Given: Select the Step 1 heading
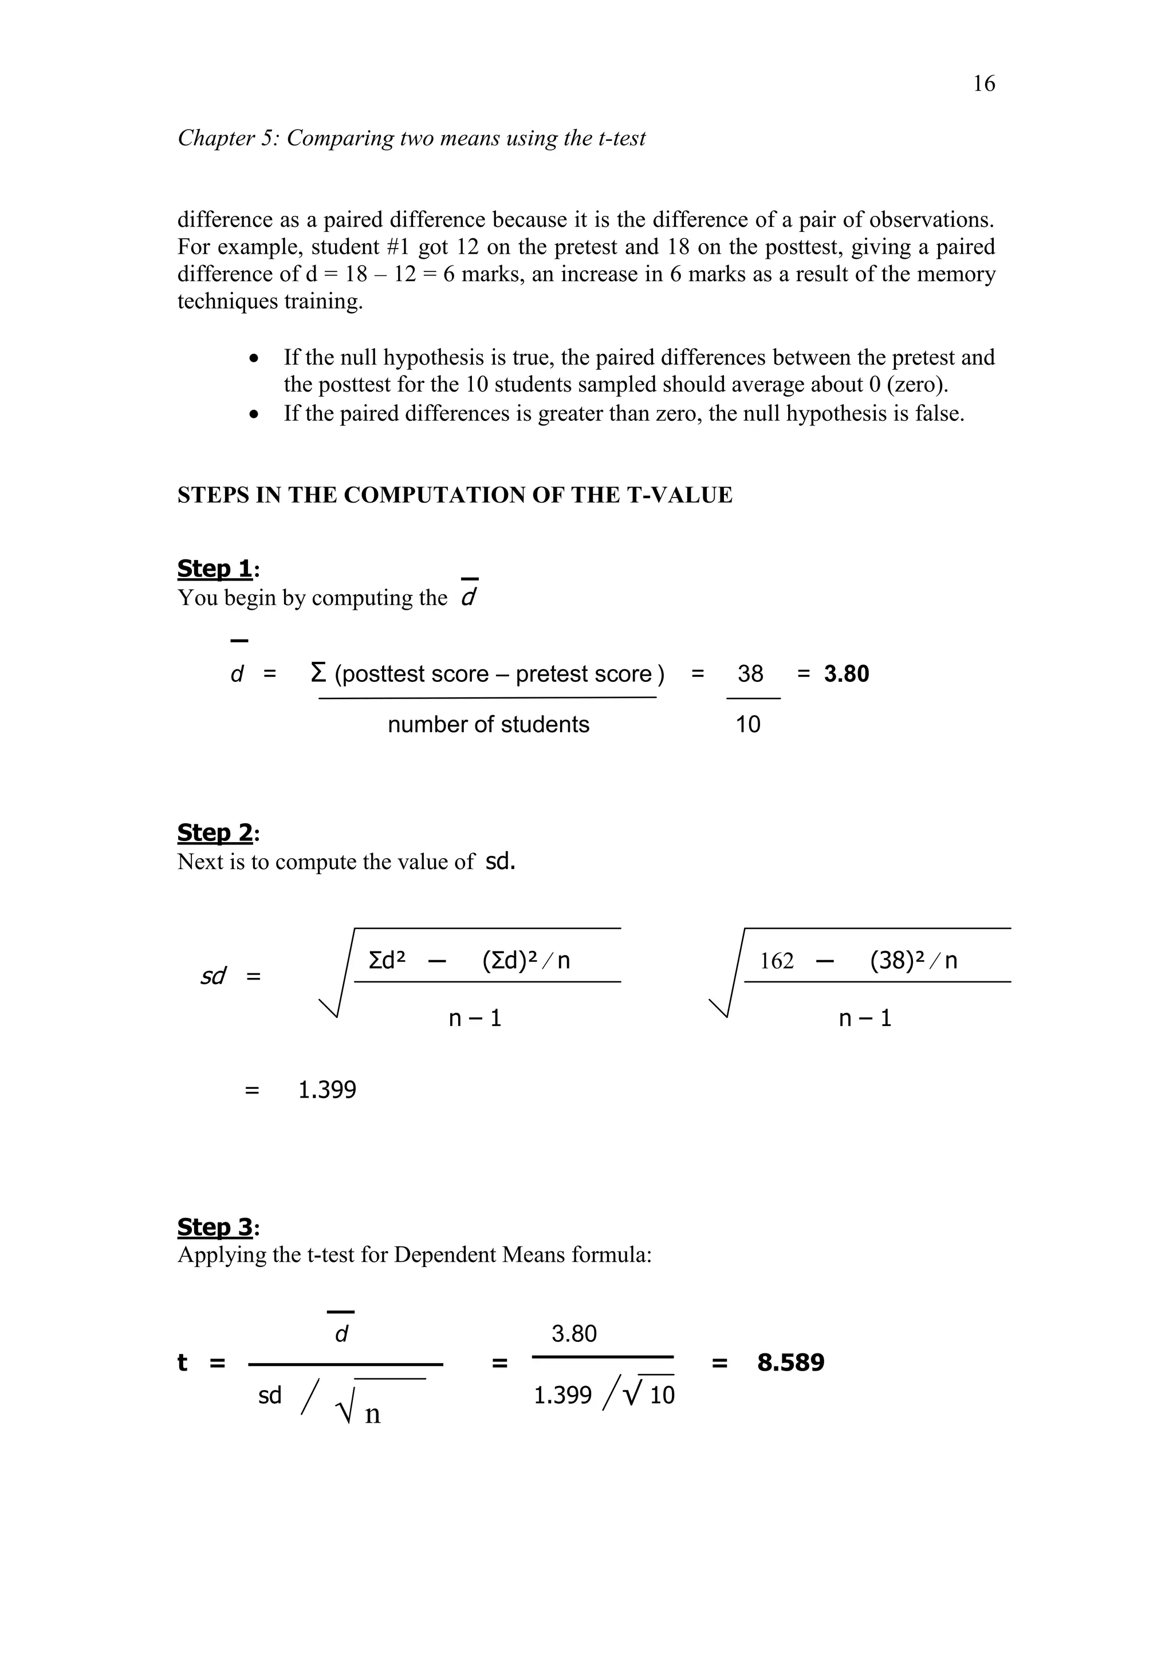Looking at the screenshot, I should tap(215, 569).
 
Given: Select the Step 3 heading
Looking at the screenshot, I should tap(215, 1227).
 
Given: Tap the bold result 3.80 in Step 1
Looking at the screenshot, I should tap(846, 674).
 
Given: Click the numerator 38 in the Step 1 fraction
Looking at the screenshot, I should tap(750, 674).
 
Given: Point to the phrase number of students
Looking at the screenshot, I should tap(488, 724).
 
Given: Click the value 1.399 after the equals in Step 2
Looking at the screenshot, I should tap(327, 1089).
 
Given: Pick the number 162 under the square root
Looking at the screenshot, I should tap(777, 961).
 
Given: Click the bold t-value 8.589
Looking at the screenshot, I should tap(790, 1363).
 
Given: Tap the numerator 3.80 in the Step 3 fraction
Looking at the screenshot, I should tap(574, 1334).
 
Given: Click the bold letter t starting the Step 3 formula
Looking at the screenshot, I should tap(182, 1363).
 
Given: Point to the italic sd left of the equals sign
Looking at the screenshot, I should tap(213, 976).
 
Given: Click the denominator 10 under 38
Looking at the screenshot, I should tap(747, 724).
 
